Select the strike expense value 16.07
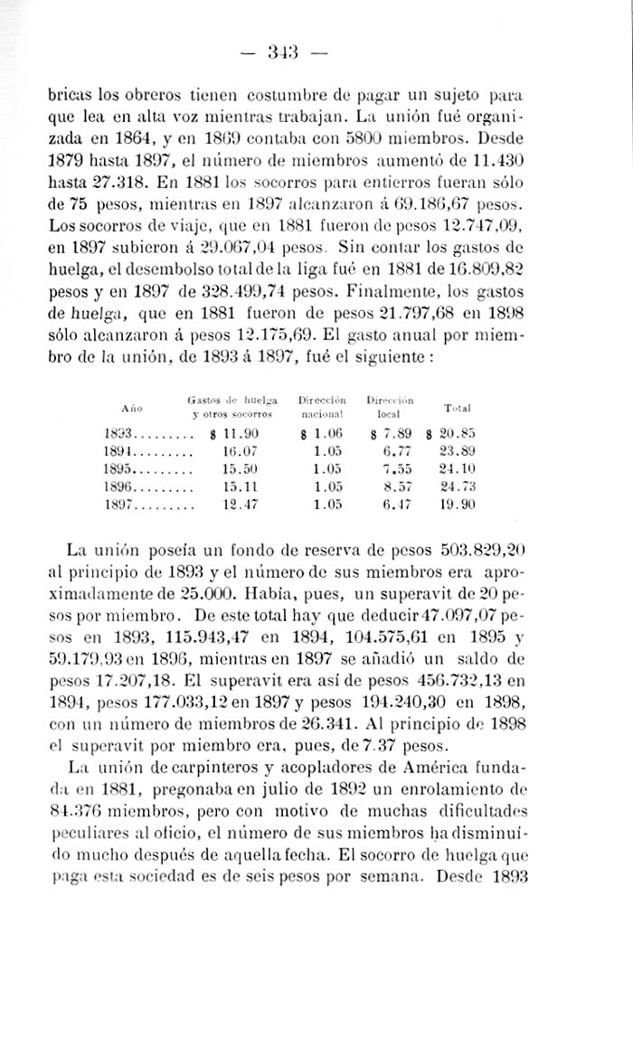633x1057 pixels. [x=240, y=450]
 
